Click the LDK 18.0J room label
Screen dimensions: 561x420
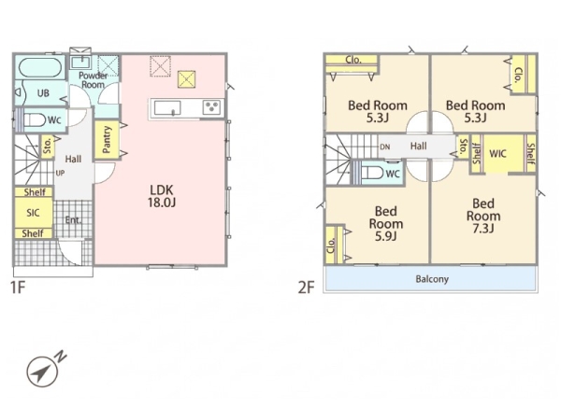[x=162, y=196]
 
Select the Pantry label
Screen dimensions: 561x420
[x=107, y=139]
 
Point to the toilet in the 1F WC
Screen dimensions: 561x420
[x=35, y=120]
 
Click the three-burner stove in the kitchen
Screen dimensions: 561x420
[x=212, y=107]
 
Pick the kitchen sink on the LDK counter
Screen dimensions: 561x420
[x=167, y=107]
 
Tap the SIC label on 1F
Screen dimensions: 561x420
[x=33, y=213]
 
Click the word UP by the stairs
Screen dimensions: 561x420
[x=60, y=174]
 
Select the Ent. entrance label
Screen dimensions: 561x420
[x=73, y=220]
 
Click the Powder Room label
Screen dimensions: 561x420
[x=93, y=80]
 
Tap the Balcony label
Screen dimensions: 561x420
[x=432, y=279]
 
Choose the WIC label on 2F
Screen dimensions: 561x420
[x=497, y=154]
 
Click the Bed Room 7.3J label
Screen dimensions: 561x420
[x=483, y=216]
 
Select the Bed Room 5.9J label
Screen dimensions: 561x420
[x=386, y=224]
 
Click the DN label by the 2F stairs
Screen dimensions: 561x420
[x=385, y=147]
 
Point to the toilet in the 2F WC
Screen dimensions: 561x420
[x=372, y=174]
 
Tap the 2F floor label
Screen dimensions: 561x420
[x=307, y=287]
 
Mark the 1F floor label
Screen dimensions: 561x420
[x=18, y=287]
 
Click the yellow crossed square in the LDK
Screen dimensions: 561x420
[x=187, y=79]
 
